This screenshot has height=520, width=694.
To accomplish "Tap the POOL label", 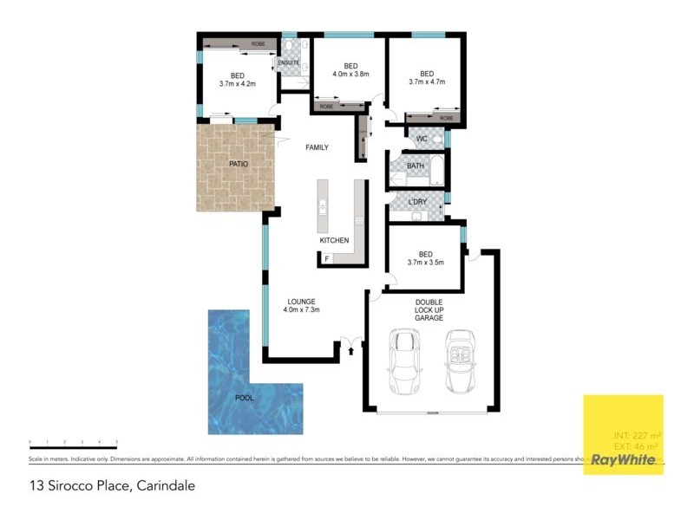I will (x=246, y=399).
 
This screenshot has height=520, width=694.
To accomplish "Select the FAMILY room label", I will (x=317, y=148).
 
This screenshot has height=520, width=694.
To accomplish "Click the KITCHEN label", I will (x=334, y=240).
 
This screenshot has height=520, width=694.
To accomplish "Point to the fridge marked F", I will (x=327, y=258).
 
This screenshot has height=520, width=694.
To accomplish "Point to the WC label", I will (x=422, y=139).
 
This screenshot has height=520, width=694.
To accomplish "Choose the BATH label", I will (x=415, y=166).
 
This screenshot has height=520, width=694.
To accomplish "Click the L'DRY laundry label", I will (x=417, y=202).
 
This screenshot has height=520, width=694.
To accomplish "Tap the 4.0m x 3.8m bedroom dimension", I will (x=350, y=75).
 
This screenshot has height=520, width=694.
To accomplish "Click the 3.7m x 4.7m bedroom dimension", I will (x=426, y=82).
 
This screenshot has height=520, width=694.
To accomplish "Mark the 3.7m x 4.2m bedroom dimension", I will (x=237, y=84).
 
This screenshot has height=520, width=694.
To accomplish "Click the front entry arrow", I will (x=350, y=350).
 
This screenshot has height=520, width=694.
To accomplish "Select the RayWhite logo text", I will (x=623, y=460).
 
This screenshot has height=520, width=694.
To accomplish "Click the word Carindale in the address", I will (x=165, y=486).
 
